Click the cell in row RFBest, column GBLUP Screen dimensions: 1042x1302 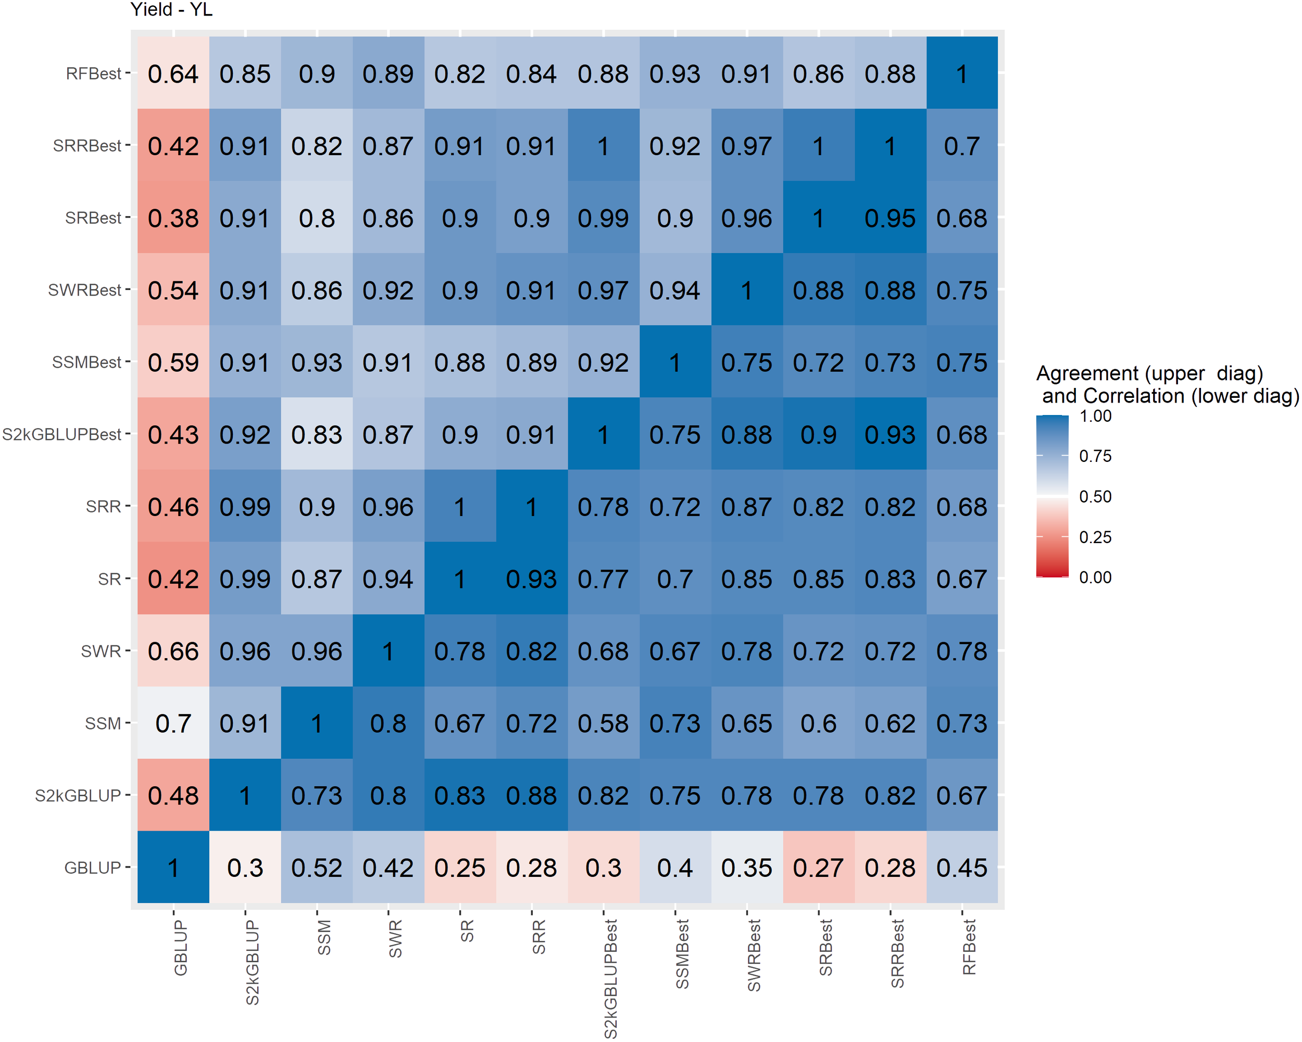pos(173,73)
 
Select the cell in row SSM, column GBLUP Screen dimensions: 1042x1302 pos(173,723)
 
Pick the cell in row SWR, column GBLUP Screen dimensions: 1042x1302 pos(173,651)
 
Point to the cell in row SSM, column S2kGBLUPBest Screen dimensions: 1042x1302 pos(603,723)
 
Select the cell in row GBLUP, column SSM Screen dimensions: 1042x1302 pos(317,868)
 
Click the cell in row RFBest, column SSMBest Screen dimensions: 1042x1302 pos(674,73)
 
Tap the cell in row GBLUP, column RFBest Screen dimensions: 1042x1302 pos(961,868)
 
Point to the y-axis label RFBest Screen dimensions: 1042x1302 pos(94,73)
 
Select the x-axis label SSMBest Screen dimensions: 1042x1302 pos(682,954)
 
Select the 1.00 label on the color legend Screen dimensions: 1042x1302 pos(1095,416)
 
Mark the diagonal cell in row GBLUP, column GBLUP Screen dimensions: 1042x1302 pos(173,868)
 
